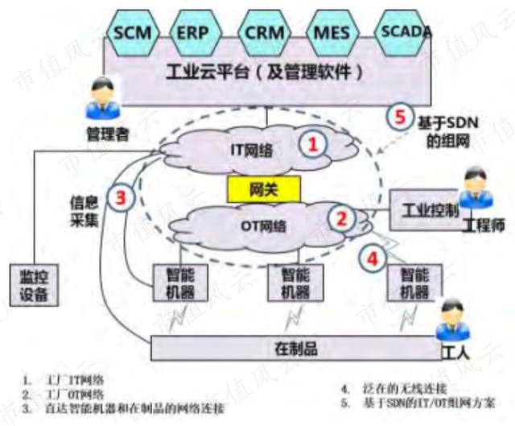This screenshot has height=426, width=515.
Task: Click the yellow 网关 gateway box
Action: point(263,191)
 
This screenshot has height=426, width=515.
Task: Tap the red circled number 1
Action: point(314,143)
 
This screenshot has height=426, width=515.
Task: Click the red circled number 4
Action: point(372,258)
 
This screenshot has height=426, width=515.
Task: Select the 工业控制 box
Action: point(427,209)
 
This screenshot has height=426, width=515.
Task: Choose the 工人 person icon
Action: point(451,319)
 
